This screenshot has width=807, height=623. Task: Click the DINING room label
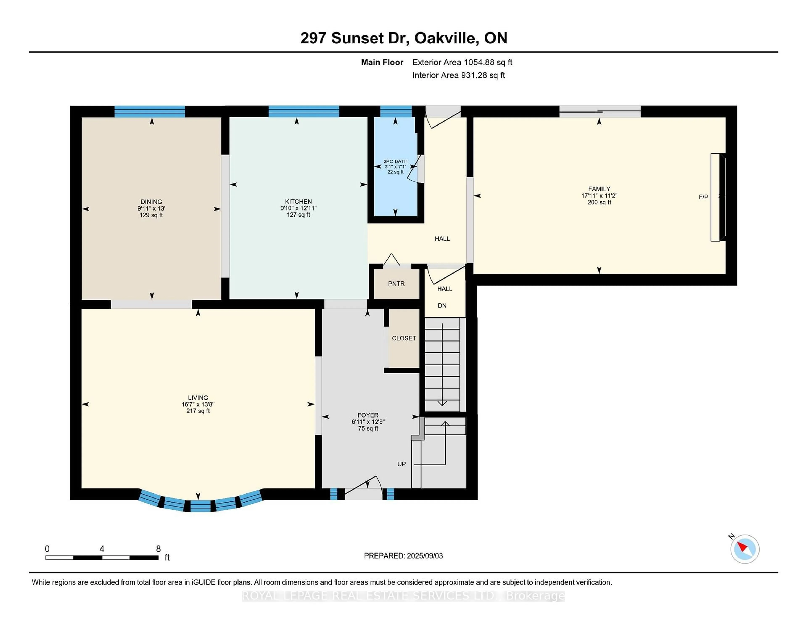(151, 202)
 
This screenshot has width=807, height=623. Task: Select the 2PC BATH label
(395, 161)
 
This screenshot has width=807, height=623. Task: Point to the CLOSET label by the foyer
(404, 338)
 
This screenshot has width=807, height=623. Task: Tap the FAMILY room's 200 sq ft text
(599, 202)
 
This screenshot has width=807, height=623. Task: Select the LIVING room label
(198, 398)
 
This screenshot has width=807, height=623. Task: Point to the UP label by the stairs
(401, 464)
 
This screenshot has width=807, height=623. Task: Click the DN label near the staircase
(442, 306)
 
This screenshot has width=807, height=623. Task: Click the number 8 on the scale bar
(158, 549)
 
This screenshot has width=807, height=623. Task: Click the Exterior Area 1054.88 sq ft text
(462, 62)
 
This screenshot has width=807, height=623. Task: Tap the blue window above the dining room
(150, 111)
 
